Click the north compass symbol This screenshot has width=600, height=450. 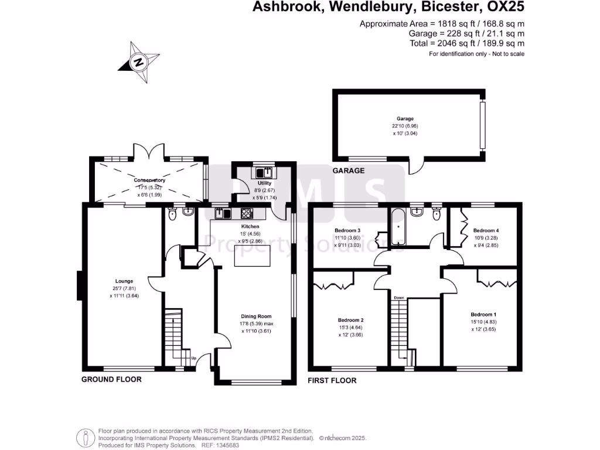pyautogui.click(x=139, y=61)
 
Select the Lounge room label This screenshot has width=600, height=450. pyautogui.click(x=124, y=281)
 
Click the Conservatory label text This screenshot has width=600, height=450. pyautogui.click(x=149, y=180)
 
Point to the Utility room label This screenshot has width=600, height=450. pyautogui.click(x=262, y=183)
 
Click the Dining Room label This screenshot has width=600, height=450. pyautogui.click(x=257, y=316)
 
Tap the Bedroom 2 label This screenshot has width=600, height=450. pyautogui.click(x=352, y=320)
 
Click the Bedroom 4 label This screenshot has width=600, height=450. pyautogui.click(x=486, y=230)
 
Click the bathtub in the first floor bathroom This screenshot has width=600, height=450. pyautogui.click(x=398, y=226)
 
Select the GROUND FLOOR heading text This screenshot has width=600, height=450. pyautogui.click(x=111, y=380)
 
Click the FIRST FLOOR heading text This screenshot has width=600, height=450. pyautogui.click(x=332, y=380)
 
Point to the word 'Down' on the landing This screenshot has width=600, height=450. pyautogui.click(x=399, y=298)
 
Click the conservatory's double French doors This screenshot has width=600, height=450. pyautogui.click(x=149, y=152)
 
